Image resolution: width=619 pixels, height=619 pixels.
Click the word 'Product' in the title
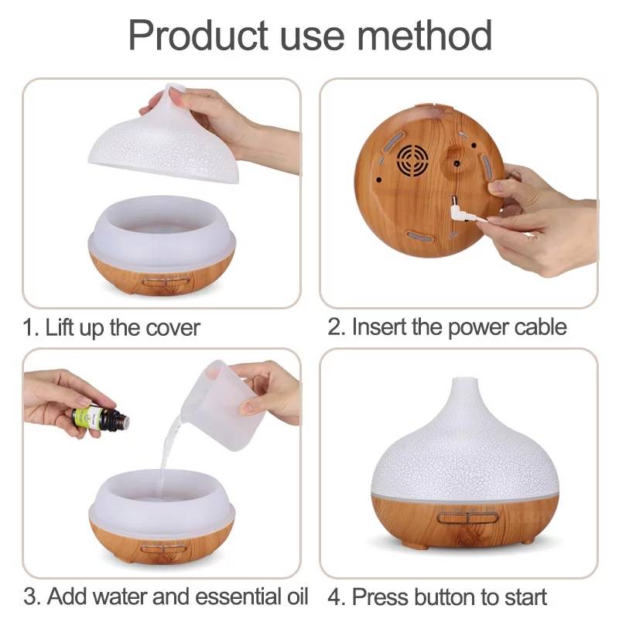[198, 36]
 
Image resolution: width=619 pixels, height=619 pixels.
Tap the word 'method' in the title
[425, 36]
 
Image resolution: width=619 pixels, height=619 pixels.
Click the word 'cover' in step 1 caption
[173, 328]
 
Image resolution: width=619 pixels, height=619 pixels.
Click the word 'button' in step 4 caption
[444, 596]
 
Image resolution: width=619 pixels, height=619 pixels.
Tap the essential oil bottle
[101, 419]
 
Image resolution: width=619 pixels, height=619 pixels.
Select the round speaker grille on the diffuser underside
[412, 160]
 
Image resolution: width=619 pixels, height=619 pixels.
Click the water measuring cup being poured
[223, 405]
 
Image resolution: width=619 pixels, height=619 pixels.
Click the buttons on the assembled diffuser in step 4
[468, 517]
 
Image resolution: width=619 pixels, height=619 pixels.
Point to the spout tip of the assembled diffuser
[464, 380]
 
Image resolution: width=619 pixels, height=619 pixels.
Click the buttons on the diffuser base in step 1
[166, 282]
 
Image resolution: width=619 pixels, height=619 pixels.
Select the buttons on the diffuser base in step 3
[163, 549]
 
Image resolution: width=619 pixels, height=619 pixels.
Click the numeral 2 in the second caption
[334, 327]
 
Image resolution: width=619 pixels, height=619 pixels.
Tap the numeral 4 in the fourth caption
[335, 597]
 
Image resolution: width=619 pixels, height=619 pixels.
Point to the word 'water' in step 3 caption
[121, 596]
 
